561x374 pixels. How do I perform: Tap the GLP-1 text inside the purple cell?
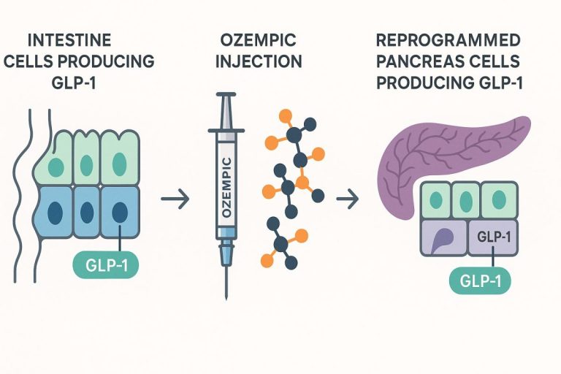[x=494, y=237]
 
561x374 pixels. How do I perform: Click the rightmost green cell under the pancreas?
[x=499, y=200]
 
